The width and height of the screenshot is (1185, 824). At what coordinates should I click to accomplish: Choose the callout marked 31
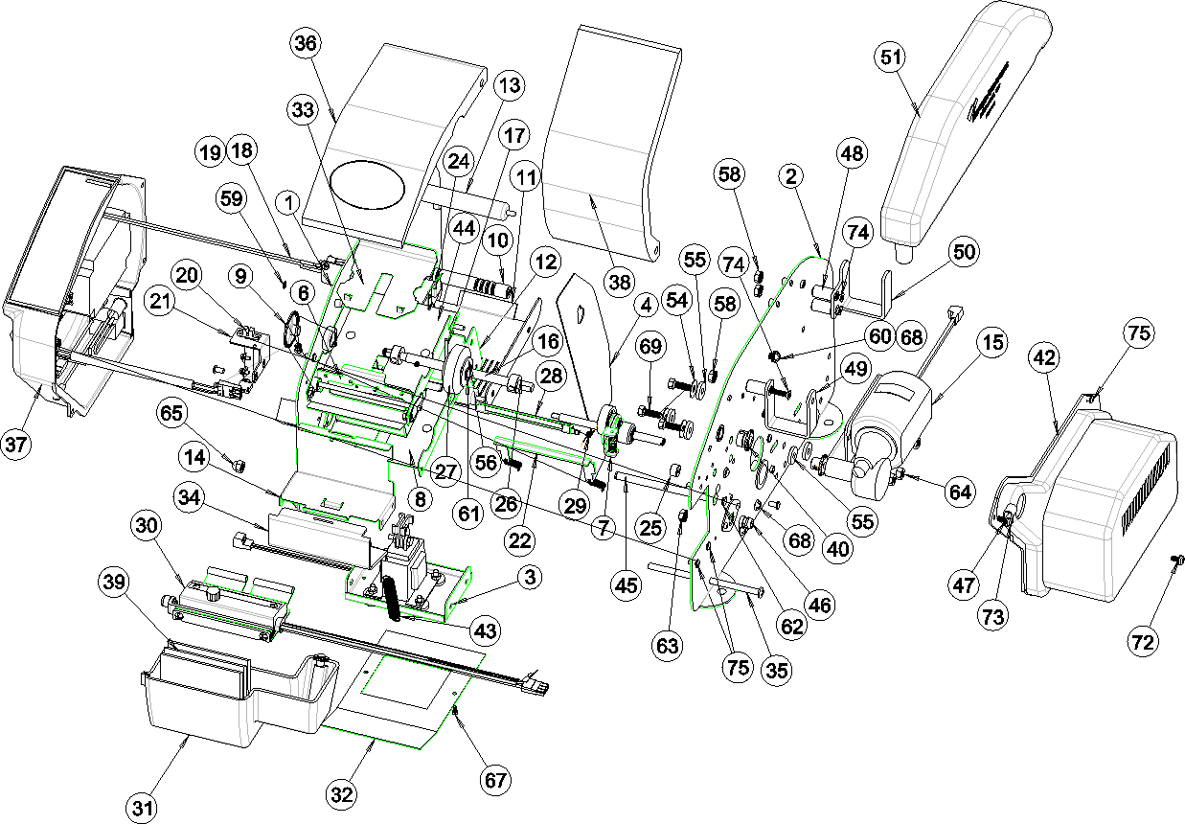[144, 808]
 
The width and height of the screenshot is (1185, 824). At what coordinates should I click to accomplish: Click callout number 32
[342, 793]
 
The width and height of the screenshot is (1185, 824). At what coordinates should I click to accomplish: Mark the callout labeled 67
[495, 780]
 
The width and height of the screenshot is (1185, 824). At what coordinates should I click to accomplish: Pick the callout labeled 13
[509, 85]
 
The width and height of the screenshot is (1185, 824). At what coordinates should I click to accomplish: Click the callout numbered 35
[775, 670]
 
